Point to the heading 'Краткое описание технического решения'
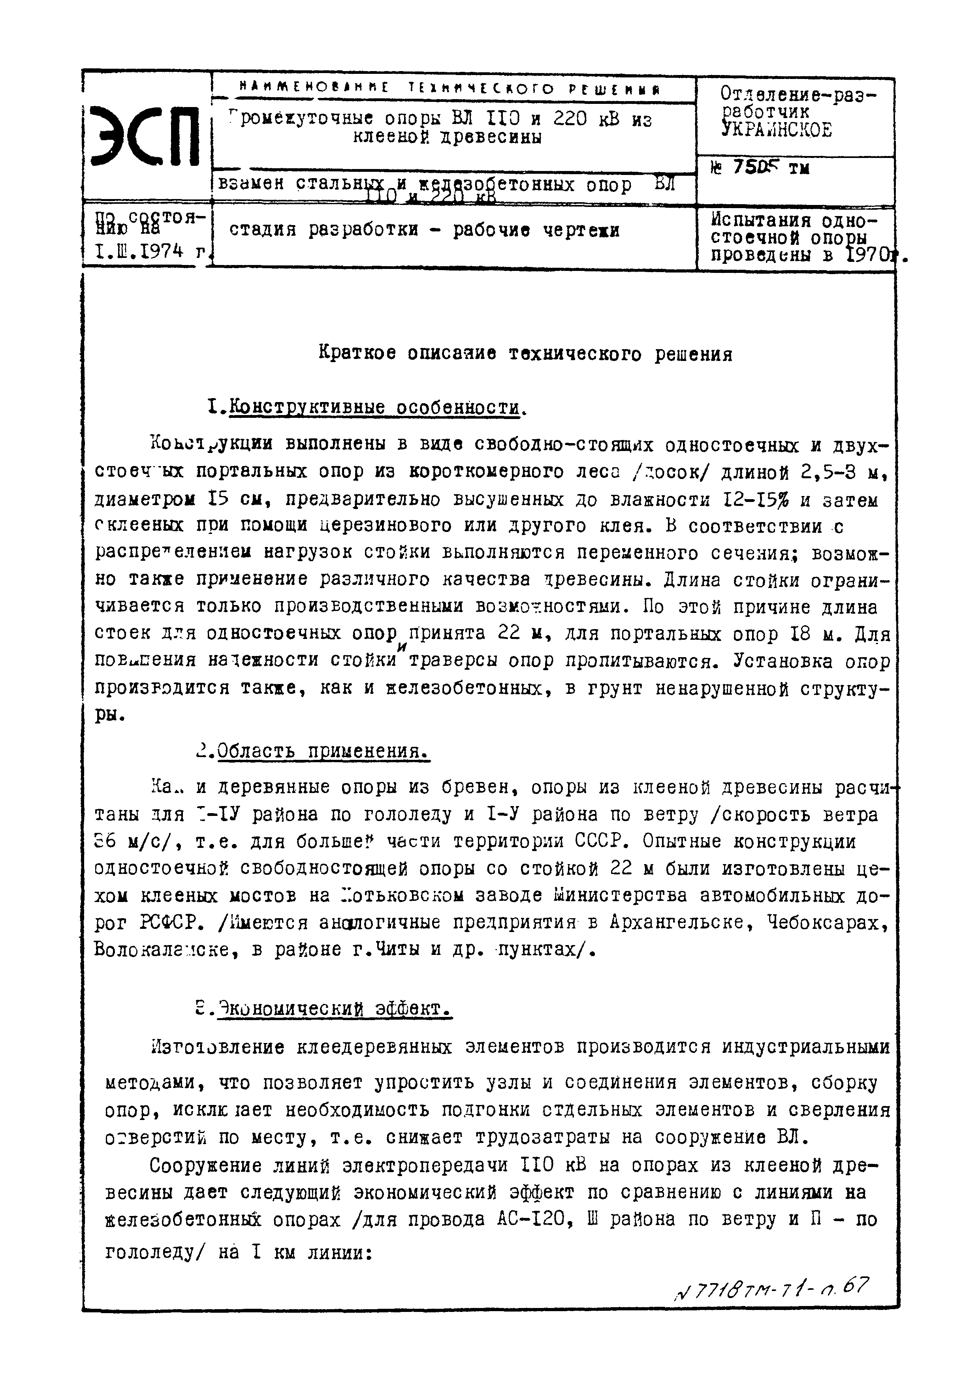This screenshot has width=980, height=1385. (x=525, y=353)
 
